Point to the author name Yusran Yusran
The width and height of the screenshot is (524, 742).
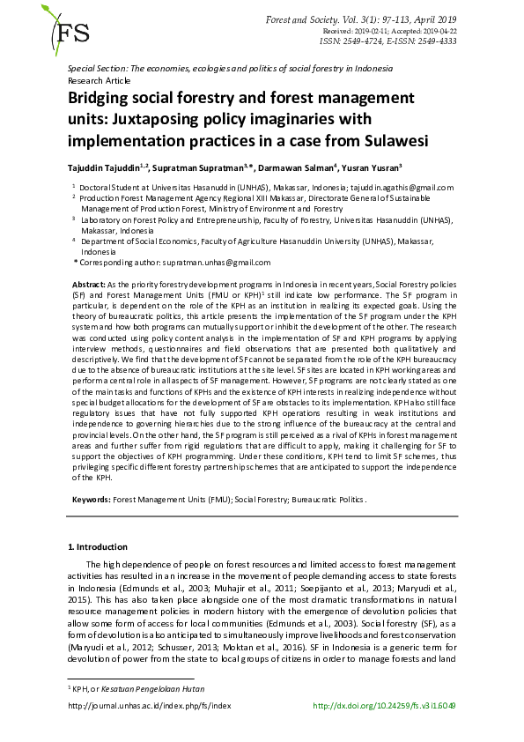(373, 168)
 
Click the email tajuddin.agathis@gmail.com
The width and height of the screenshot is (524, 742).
(396, 188)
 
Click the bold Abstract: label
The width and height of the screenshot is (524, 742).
(87, 286)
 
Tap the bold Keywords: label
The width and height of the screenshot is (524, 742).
(90, 500)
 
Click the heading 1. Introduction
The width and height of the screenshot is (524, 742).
(100, 547)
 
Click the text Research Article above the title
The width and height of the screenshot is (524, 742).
(98, 78)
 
